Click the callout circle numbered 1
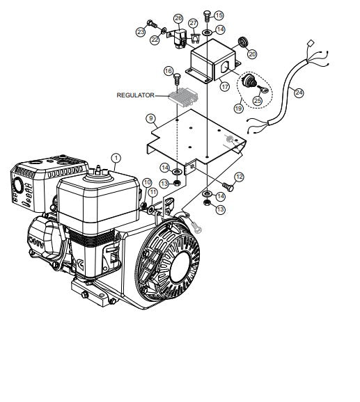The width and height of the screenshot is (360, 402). point(116,158)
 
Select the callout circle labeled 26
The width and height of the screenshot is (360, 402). point(178,18)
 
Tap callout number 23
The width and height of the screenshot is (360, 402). point(141,31)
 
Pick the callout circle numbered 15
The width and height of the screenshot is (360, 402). point(219,15)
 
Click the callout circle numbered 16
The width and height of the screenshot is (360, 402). point(169,71)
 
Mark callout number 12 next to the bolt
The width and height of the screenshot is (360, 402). point(239,177)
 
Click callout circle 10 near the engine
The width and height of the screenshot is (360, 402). point(147,182)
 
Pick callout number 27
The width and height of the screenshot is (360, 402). point(193,23)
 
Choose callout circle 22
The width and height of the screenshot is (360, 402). point(155,40)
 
